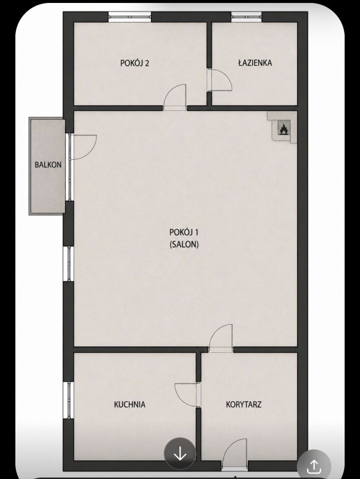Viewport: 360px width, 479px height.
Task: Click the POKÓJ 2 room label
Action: pyautogui.click(x=135, y=63)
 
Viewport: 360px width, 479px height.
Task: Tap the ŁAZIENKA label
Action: pyautogui.click(x=255, y=63)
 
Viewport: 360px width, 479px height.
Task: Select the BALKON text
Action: pyautogui.click(x=48, y=165)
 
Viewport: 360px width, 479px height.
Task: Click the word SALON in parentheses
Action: pyautogui.click(x=184, y=244)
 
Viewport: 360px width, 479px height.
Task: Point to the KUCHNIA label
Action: pyautogui.click(x=130, y=405)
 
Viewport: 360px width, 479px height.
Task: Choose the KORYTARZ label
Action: pyautogui.click(x=244, y=405)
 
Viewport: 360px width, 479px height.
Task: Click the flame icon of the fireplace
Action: pyautogui.click(x=283, y=129)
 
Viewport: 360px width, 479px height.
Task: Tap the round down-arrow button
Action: pyautogui.click(x=180, y=454)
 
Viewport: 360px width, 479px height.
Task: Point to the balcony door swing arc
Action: pyautogui.click(x=90, y=153)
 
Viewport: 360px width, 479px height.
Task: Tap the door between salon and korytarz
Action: pyautogui.click(x=221, y=335)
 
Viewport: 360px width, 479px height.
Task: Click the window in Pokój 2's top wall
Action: pyautogui.click(x=130, y=17)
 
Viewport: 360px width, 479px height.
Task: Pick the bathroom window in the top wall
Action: pyautogui.click(x=246, y=17)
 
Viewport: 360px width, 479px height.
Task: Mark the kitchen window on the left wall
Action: pyautogui.click(x=68, y=400)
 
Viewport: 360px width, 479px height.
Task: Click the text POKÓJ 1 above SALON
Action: pyautogui.click(x=184, y=233)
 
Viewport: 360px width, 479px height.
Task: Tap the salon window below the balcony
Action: pyautogui.click(x=68, y=263)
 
